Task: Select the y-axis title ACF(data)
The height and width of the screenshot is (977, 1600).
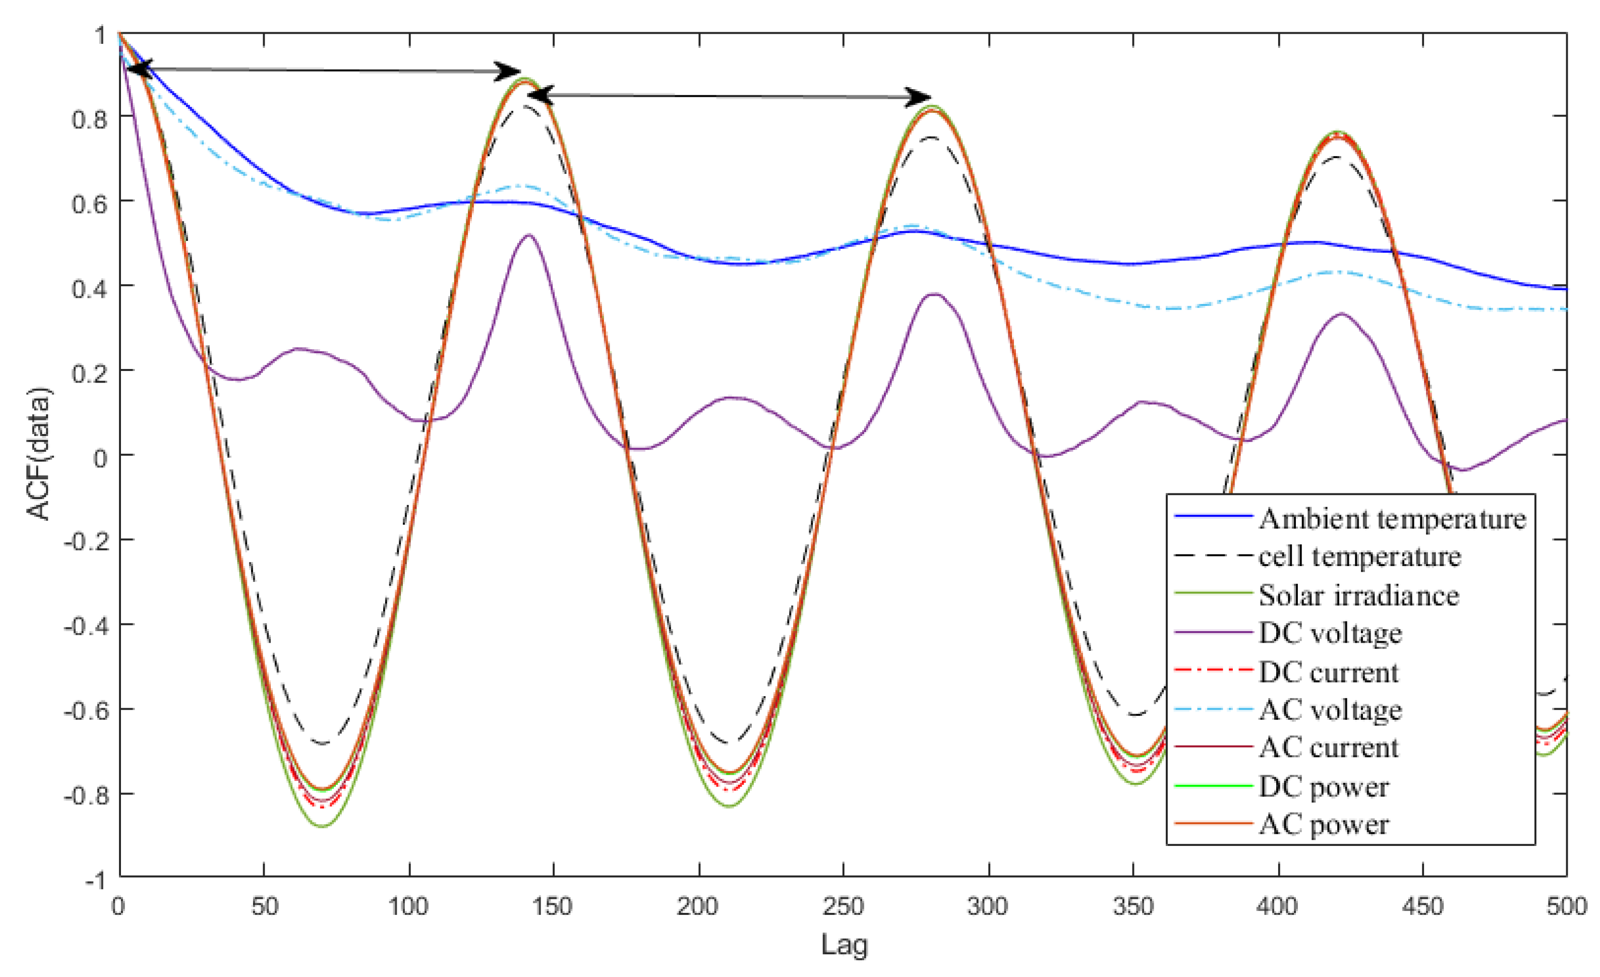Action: pos(39,454)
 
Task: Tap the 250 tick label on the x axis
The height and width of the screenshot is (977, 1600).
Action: pos(843,906)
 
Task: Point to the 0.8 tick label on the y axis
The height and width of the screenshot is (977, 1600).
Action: pos(90,119)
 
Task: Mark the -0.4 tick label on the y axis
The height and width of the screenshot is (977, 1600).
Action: pos(84,626)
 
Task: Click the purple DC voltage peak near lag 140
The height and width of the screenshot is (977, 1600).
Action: pos(529,235)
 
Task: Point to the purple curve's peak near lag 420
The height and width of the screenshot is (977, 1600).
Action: pos(1342,314)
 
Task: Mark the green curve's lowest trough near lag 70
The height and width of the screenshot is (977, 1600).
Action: pos(323,826)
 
